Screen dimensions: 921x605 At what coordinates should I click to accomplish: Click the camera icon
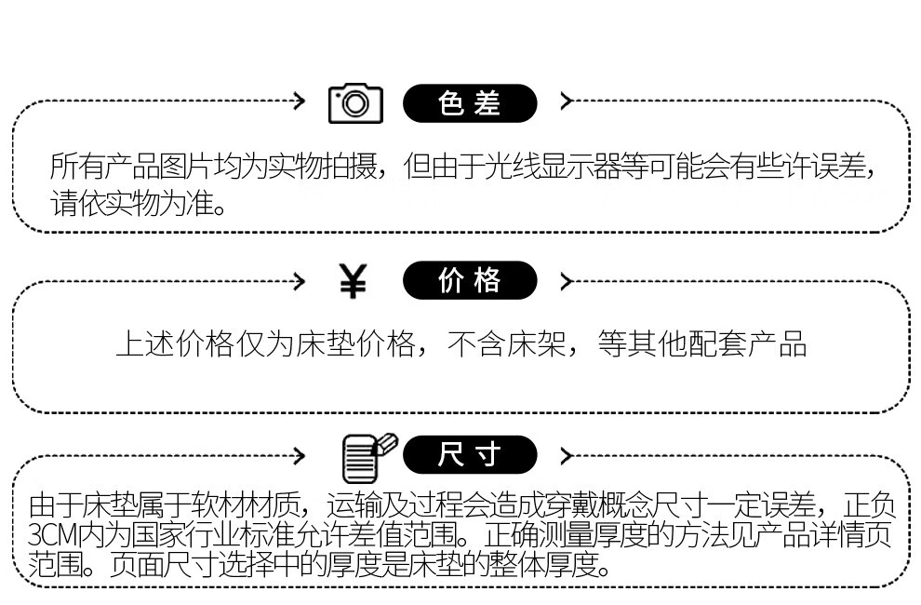click(355, 103)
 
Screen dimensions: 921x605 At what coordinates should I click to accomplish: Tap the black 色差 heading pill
click(470, 103)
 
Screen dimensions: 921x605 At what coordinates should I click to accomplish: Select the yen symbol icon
click(353, 281)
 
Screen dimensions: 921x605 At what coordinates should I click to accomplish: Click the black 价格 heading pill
click(470, 280)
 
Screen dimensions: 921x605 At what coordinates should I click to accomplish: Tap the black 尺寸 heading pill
click(470, 455)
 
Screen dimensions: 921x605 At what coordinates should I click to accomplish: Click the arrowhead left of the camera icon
click(299, 101)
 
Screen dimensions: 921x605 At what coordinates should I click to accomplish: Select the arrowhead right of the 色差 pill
click(566, 101)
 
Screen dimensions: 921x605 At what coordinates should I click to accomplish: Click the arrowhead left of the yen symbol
click(299, 279)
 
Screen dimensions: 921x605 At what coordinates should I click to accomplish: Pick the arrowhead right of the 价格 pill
click(566, 279)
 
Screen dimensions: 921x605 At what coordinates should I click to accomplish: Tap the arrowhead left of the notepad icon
click(299, 456)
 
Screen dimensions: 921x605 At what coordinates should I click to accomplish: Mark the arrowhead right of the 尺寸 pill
click(566, 456)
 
